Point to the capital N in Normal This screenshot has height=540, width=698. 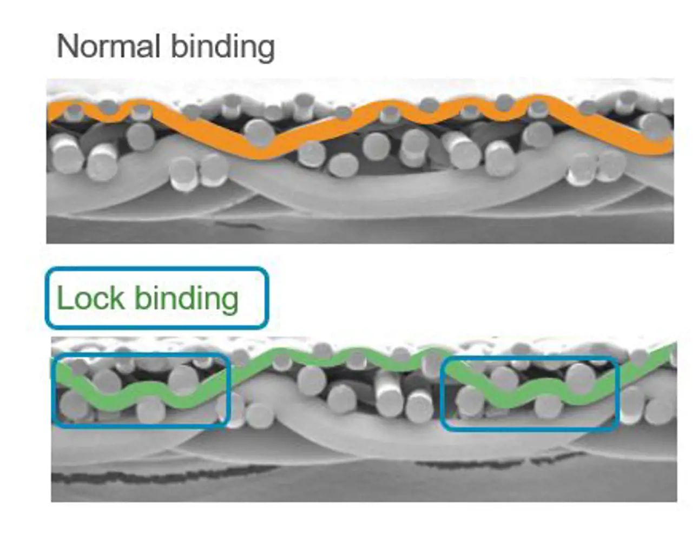click(67, 46)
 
